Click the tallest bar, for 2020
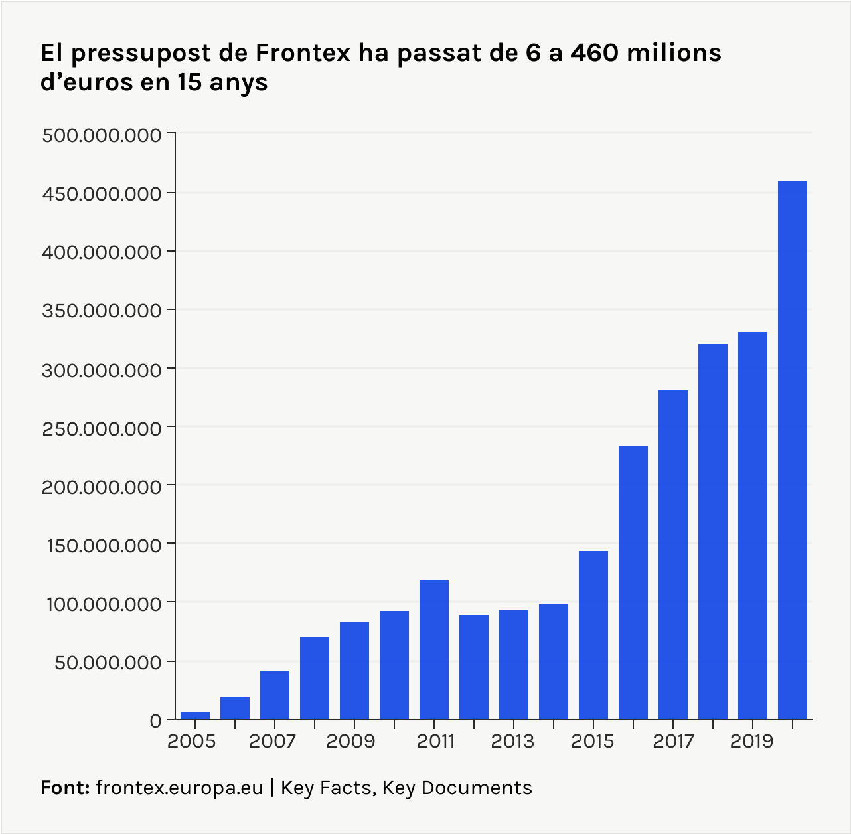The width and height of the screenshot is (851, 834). click(x=792, y=450)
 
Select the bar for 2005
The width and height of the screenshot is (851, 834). click(x=195, y=716)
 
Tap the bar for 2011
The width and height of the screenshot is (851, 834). click(x=434, y=649)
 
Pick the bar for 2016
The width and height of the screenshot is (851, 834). click(x=633, y=582)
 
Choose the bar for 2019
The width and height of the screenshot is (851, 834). click(x=752, y=525)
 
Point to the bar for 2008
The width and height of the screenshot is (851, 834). click(x=315, y=678)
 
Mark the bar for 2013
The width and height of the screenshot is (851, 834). click(x=514, y=664)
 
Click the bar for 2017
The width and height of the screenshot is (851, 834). click(x=673, y=554)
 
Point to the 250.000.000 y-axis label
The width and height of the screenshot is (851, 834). click(x=102, y=428)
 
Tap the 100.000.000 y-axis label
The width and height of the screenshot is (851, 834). click(x=102, y=604)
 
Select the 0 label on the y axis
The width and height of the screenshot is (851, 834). click(x=155, y=720)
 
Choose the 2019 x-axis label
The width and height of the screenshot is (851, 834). click(x=752, y=741)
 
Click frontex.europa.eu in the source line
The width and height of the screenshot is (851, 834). click(x=180, y=788)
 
